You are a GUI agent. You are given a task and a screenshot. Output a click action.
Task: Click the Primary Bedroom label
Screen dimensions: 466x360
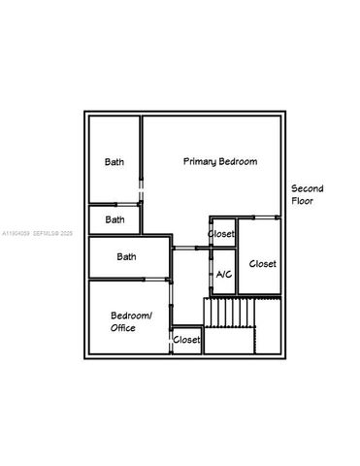click(220, 161)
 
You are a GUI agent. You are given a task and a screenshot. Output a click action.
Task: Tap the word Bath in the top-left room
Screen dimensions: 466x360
click(115, 162)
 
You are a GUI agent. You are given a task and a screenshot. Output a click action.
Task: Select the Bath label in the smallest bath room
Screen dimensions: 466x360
click(115, 219)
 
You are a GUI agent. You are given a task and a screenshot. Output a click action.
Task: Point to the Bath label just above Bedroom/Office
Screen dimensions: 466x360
click(126, 257)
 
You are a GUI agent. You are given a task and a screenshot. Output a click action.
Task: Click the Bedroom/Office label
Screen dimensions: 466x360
click(131, 321)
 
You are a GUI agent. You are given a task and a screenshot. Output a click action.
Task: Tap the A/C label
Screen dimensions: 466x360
click(223, 276)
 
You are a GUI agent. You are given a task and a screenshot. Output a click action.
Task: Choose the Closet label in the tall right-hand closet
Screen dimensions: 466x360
click(262, 263)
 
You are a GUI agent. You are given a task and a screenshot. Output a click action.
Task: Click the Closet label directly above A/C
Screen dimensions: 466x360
click(221, 234)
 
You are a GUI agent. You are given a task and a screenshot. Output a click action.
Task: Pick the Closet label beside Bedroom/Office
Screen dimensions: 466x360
click(186, 340)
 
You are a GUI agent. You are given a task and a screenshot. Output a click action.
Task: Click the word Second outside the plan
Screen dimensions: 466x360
click(308, 188)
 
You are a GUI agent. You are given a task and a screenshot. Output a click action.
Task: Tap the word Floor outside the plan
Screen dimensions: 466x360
click(303, 203)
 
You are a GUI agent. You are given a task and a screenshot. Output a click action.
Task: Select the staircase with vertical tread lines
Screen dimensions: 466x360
click(229, 313)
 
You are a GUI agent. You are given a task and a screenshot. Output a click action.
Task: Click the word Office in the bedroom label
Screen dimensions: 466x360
click(123, 328)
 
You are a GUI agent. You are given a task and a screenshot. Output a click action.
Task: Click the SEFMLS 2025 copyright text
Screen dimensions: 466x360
click(52, 234)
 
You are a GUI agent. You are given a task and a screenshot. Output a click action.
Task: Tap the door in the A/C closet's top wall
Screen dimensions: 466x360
click(224, 249)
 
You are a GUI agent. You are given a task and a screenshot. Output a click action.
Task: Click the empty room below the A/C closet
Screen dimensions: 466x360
click(229, 341)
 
